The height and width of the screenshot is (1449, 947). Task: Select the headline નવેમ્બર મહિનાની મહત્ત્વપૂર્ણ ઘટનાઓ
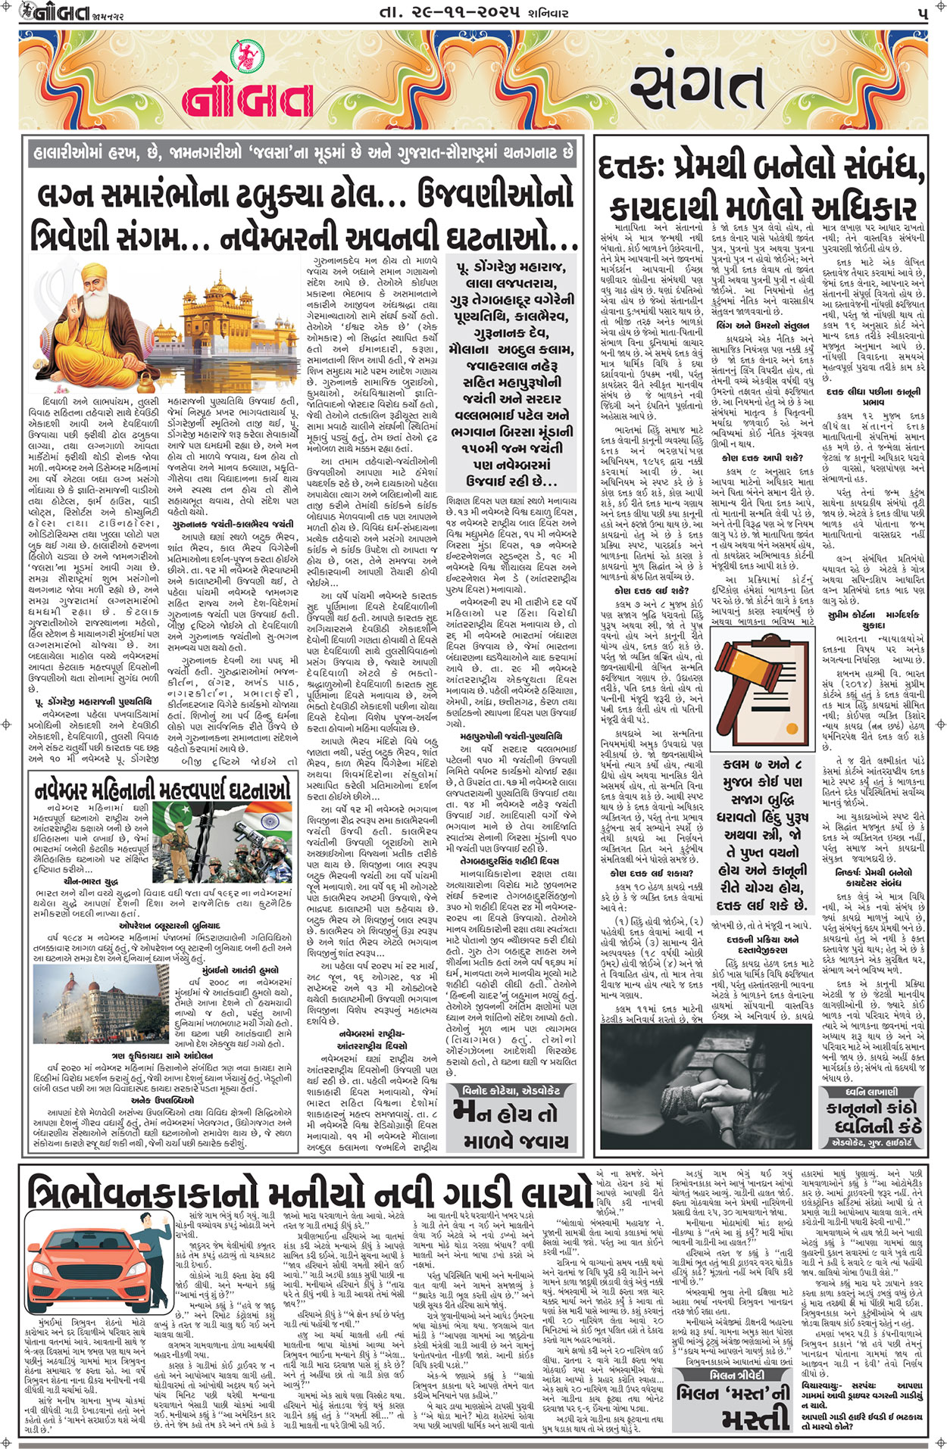pos(163,790)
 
